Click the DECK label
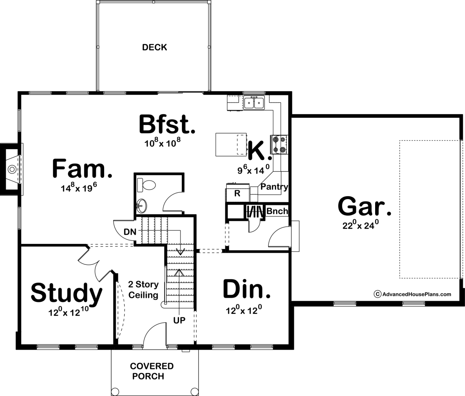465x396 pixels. tap(154, 47)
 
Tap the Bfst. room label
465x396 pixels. tap(167, 125)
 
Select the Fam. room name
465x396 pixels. tap(82, 169)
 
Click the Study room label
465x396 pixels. tap(66, 293)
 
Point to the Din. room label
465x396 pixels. tap(247, 289)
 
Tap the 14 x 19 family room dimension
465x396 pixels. tap(79, 188)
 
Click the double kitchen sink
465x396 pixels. tap(254, 103)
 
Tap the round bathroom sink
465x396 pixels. tap(141, 206)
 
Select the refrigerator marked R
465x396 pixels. tap(237, 193)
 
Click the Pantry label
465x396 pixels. tap(274, 187)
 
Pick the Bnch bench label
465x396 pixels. tap(277, 211)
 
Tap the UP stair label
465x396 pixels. tap(179, 320)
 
